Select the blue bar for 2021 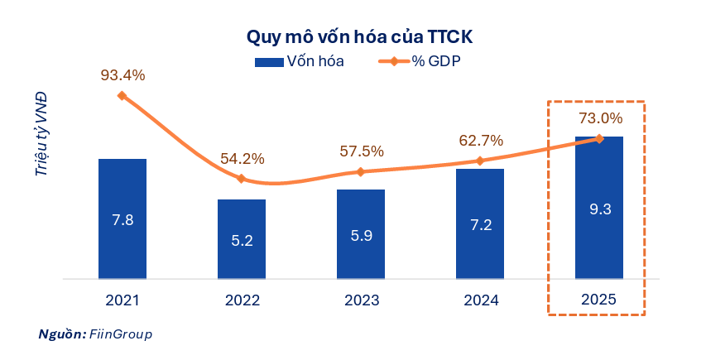click(122, 218)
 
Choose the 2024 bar click(480, 223)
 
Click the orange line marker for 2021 click(122, 96)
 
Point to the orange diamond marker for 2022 click(242, 179)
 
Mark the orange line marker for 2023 click(361, 172)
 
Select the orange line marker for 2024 click(480, 161)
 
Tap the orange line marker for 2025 click(599, 138)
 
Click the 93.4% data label click(122, 75)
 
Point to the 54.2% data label click(242, 158)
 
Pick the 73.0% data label click(599, 118)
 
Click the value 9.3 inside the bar click(599, 209)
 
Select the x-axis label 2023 click(361, 300)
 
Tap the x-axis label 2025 click(599, 300)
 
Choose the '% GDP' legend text click(436, 61)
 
